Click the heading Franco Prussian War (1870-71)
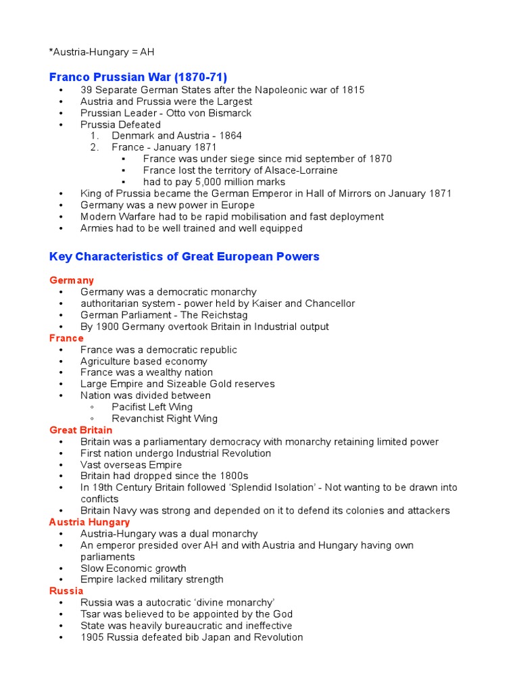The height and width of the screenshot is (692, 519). click(x=139, y=76)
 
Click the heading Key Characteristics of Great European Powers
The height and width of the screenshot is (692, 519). click(x=184, y=257)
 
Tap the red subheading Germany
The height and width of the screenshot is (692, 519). click(x=72, y=280)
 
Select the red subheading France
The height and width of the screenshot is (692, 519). click(x=67, y=338)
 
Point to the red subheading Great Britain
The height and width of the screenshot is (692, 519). click(x=81, y=430)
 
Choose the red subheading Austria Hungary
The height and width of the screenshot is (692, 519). click(x=90, y=522)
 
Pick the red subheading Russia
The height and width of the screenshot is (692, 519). click(x=66, y=591)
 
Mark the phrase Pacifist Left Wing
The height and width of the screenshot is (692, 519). click(x=152, y=407)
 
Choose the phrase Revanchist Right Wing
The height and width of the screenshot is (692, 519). click(x=164, y=418)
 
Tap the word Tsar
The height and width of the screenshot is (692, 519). click(x=91, y=614)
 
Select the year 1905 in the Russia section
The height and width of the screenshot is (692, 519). click(x=92, y=637)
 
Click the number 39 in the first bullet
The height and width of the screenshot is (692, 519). click(x=86, y=90)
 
